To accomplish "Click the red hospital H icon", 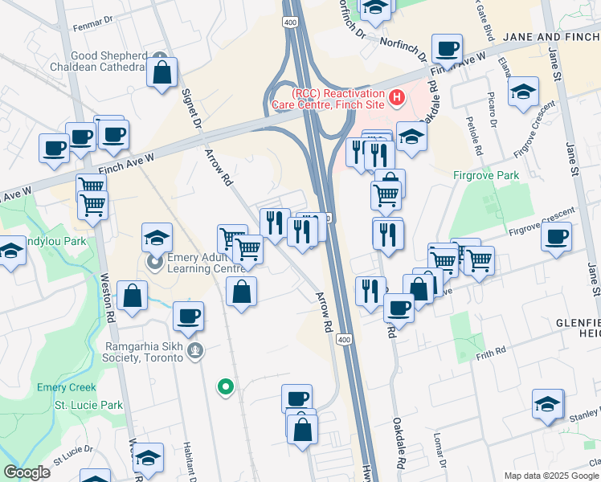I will tap(395, 98).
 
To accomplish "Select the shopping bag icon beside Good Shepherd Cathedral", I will tap(162, 72).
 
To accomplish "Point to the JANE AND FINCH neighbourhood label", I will tap(551, 37).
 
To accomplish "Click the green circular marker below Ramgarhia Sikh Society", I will tap(226, 388).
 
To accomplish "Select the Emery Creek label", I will tap(66, 387).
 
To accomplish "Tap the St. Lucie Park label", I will tap(88, 406).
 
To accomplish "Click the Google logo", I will tap(27, 472).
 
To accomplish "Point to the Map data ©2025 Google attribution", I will tap(552, 476).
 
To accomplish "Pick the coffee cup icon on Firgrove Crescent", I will tap(557, 237).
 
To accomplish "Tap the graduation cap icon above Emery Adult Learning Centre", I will tap(157, 238).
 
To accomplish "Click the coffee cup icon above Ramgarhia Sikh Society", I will tap(188, 316).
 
